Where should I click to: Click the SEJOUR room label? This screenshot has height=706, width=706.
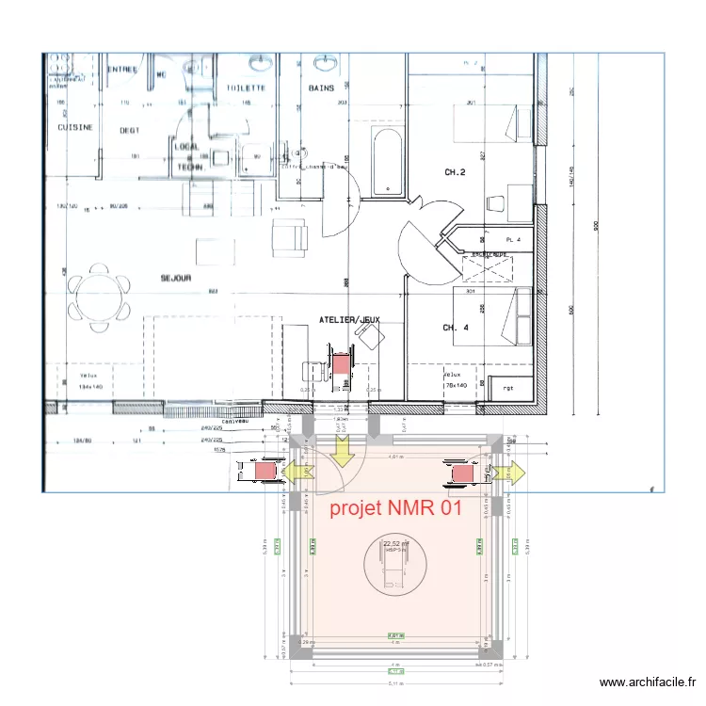click(175, 278)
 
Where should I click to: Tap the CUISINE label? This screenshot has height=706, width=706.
click(74, 127)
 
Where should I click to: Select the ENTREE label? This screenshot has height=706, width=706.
click(121, 69)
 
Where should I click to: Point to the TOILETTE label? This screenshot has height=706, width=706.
click(245, 88)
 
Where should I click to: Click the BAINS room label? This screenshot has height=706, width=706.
click(321, 88)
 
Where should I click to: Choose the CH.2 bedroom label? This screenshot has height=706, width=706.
click(456, 172)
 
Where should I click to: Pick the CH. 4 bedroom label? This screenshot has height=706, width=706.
click(456, 328)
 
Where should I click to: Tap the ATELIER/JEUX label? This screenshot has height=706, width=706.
click(349, 320)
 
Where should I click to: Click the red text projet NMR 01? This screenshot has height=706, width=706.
click(395, 509)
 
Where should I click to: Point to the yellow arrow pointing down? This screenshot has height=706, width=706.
click(342, 450)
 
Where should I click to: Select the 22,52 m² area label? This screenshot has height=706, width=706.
click(395, 543)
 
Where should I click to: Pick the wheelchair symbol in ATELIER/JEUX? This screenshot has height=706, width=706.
click(340, 366)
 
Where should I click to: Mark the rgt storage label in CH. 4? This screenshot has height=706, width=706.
click(507, 386)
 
